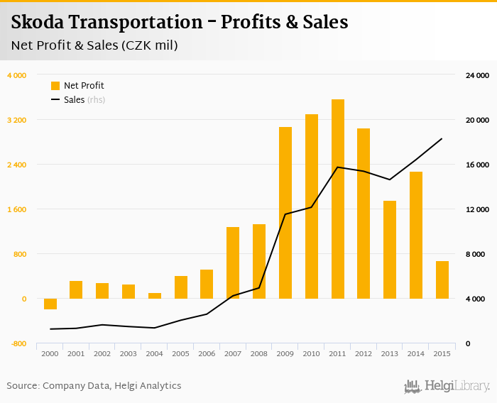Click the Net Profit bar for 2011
[338, 199]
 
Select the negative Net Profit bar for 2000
[50, 304]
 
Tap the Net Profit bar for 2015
[442, 280]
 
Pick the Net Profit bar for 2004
[155, 296]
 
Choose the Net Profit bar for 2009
[285, 213]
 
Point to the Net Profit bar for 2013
[390, 250]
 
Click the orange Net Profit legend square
[55, 86]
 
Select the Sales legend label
[75, 100]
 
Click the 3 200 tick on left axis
[16, 120]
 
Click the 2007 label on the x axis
[233, 353]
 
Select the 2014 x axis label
[416, 353]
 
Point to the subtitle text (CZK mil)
[149, 46]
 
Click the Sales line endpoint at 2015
[442, 139]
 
